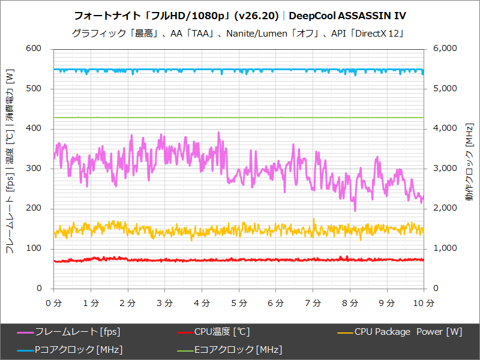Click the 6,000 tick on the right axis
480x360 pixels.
pyautogui.click(x=445, y=49)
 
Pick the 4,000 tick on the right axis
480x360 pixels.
pyautogui.click(x=445, y=128)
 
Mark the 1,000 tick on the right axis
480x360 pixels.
pyautogui.click(x=445, y=248)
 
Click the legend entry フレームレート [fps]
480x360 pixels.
pyautogui.click(x=68, y=332)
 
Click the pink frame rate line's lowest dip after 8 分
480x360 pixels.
pyautogui.click(x=355, y=210)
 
